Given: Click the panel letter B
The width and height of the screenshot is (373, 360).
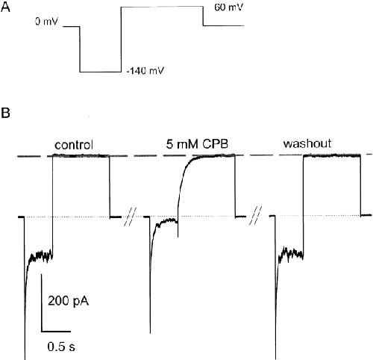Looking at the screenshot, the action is [x=5, y=113].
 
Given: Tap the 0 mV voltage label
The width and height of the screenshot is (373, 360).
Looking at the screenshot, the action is [x=46, y=22].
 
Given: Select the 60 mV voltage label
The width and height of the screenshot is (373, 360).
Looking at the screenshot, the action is [x=228, y=7].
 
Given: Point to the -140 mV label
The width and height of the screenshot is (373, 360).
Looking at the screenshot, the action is [x=145, y=71].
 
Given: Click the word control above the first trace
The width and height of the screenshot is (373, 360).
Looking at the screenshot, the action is [x=74, y=145].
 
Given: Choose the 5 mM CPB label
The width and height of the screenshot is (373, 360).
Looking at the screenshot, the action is [x=197, y=144].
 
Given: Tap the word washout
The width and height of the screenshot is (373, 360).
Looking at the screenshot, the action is [x=307, y=143].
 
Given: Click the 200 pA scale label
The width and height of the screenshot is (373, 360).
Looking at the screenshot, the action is [x=68, y=301].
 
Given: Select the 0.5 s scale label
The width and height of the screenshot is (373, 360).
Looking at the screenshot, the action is [x=61, y=347].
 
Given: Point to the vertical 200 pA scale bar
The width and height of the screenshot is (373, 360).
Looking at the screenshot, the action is [x=42, y=302].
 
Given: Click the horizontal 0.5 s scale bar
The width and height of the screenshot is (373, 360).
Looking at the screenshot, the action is [x=56, y=331].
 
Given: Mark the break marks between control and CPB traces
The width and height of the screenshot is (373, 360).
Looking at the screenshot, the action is [x=130, y=216].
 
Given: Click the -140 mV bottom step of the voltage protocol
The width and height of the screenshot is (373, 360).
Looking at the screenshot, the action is [x=100, y=72].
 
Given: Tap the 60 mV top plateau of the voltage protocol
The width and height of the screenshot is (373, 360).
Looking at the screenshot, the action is [x=162, y=7].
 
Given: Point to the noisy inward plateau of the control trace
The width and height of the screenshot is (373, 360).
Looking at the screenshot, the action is [x=40, y=255].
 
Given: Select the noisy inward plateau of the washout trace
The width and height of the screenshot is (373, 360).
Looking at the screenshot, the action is [x=291, y=253].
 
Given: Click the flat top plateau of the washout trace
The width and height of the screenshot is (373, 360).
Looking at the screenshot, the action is [x=332, y=155].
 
